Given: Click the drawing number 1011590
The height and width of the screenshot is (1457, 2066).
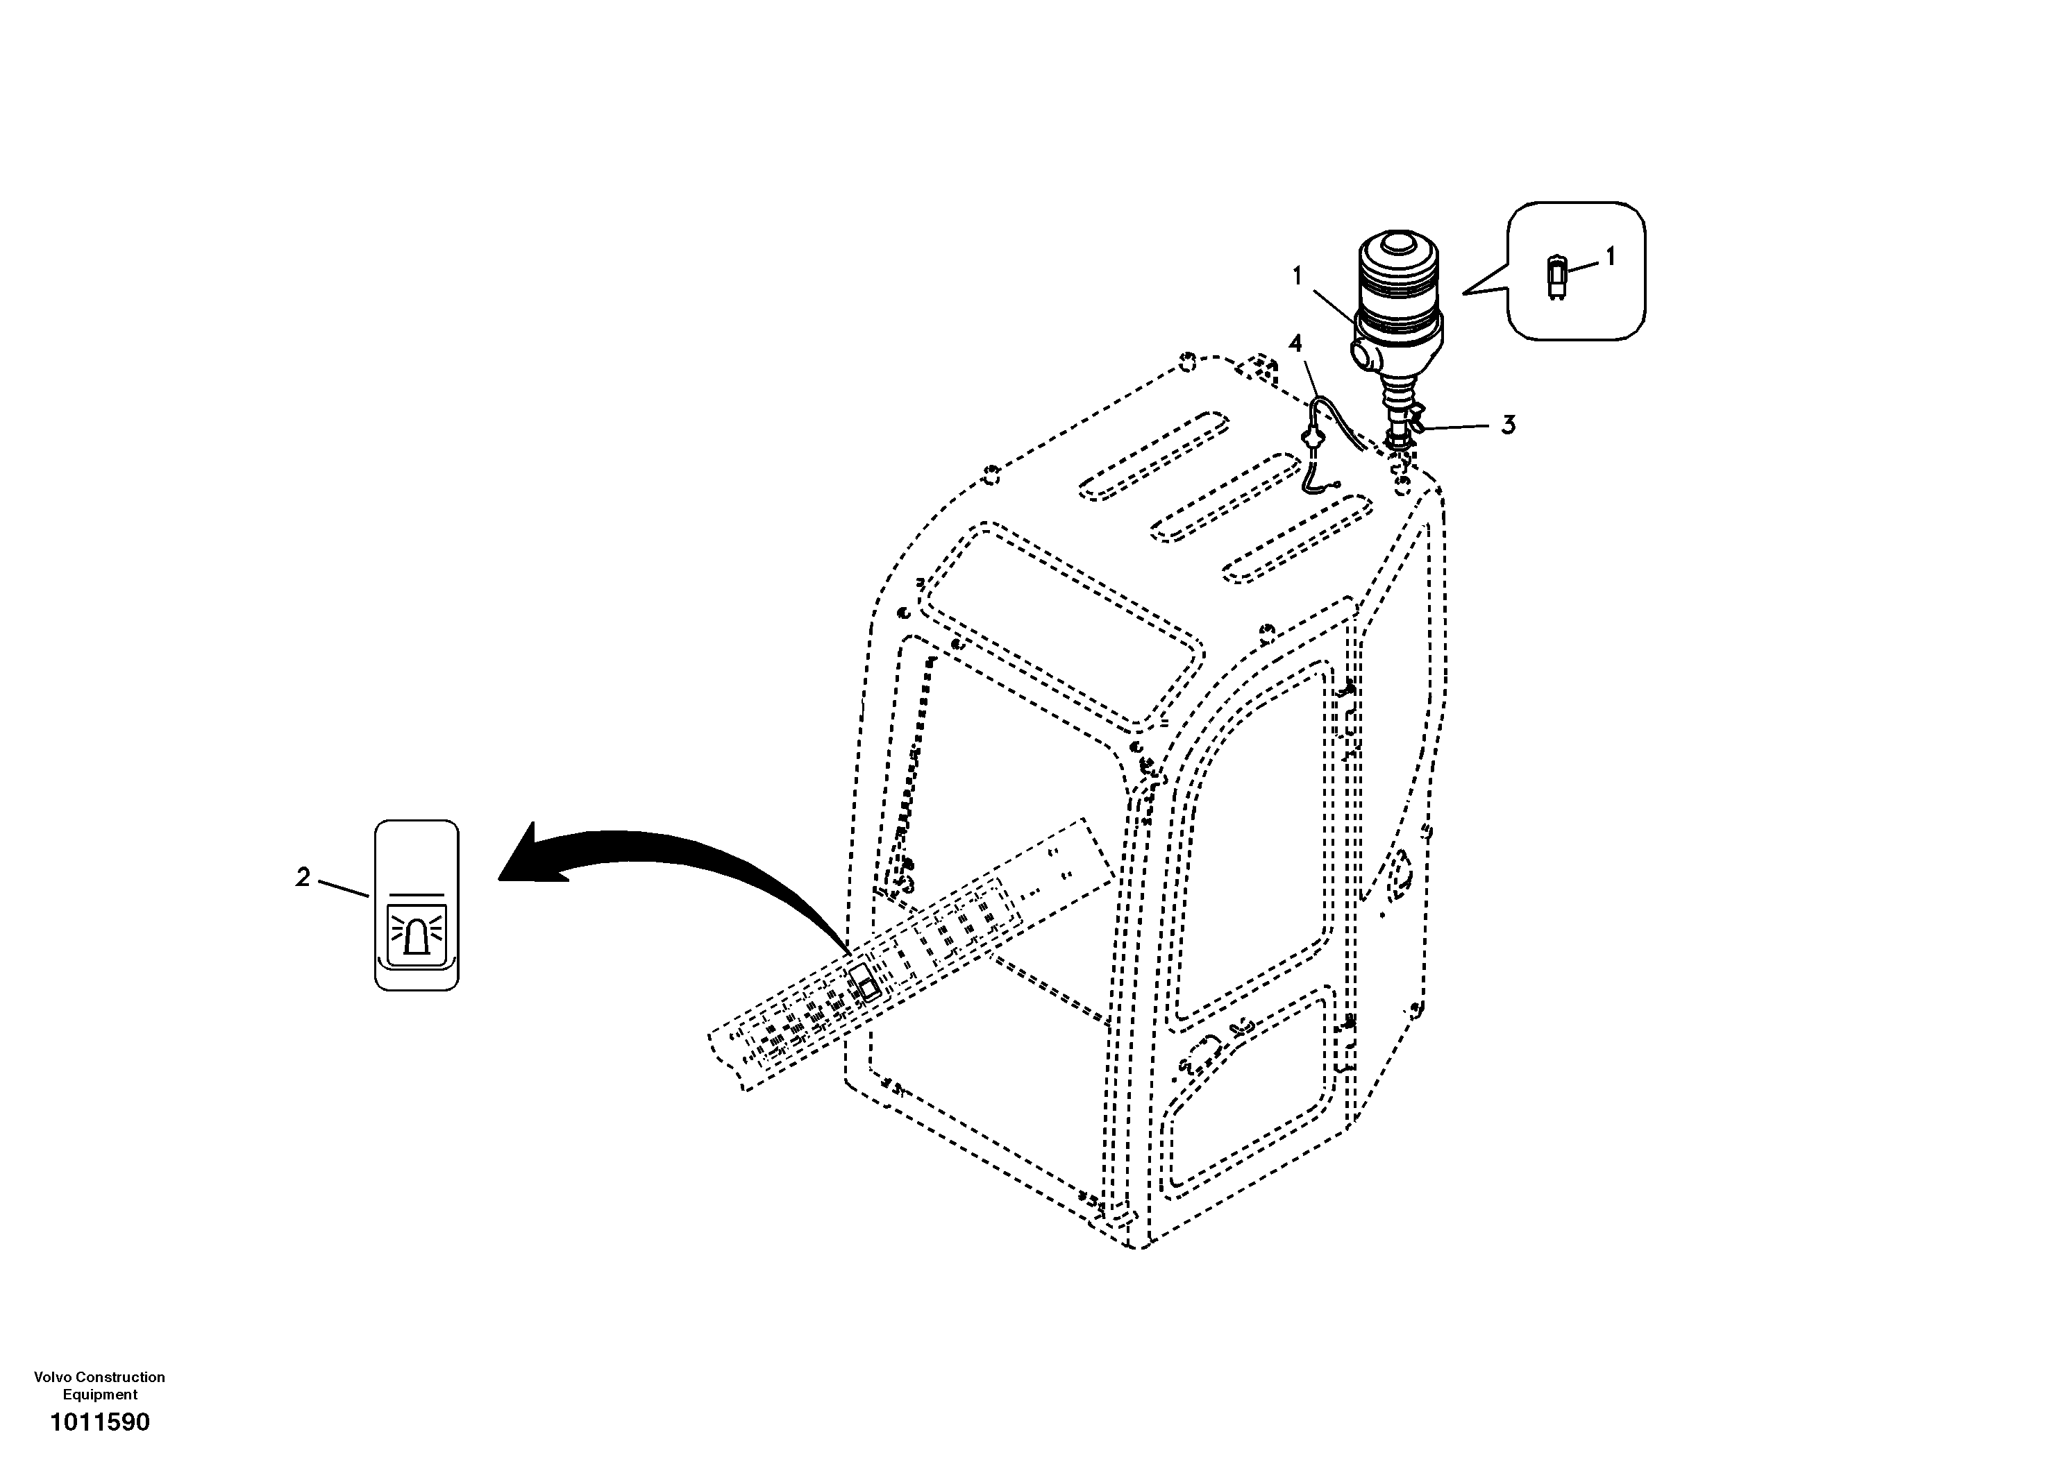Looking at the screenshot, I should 100,1422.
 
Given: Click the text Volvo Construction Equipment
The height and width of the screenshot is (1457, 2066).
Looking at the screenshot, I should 100,1385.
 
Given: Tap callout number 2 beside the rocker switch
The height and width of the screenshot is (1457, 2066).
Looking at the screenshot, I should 303,876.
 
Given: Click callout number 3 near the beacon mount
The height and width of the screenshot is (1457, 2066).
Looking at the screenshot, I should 1508,425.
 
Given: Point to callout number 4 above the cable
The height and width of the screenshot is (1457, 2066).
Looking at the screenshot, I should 1295,343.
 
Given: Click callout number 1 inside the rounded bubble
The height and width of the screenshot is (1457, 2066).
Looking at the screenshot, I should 1610,257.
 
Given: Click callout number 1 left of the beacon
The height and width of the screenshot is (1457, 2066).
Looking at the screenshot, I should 1297,276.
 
